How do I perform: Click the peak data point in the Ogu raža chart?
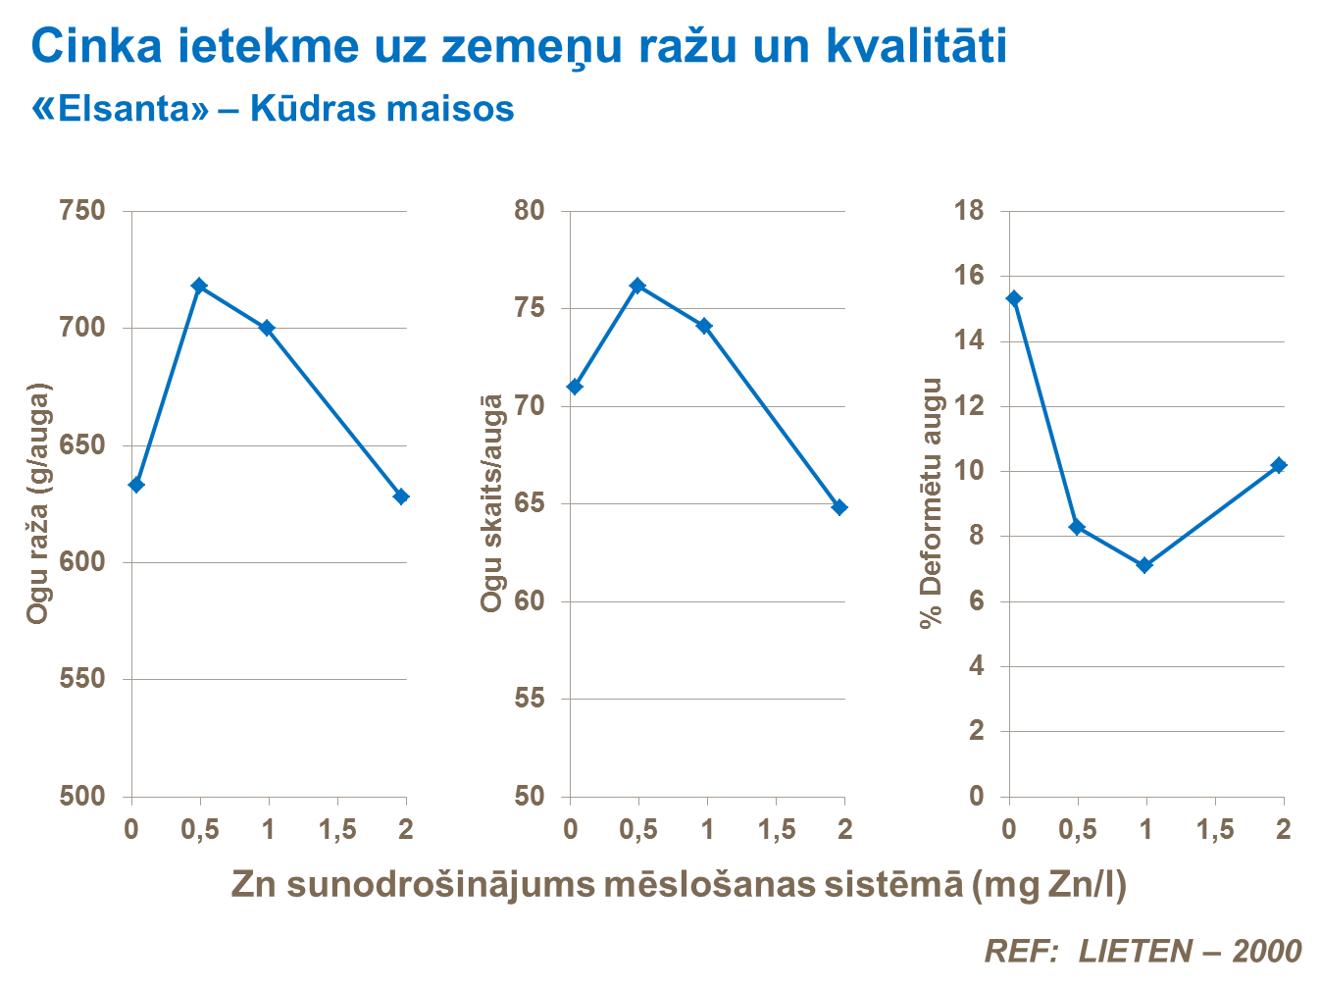pos(199,286)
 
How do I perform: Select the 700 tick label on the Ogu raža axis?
pos(82,327)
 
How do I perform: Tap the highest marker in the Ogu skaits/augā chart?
pos(637,286)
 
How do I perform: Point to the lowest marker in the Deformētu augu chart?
pos(1144,565)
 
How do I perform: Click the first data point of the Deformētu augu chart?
pos(1014,298)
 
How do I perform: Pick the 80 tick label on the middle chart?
pos(530,211)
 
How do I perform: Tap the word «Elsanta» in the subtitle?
pos(122,109)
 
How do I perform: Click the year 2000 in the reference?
pos(1267,951)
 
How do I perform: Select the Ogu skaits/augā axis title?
pos(491,503)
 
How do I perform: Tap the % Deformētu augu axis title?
pos(931,502)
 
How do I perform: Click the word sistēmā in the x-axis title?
pos(885,884)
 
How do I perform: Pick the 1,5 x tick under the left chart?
pos(337,830)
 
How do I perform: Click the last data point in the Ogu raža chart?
pos(401,496)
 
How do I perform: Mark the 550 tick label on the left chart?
pos(82,679)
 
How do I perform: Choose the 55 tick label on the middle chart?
pos(530,699)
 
